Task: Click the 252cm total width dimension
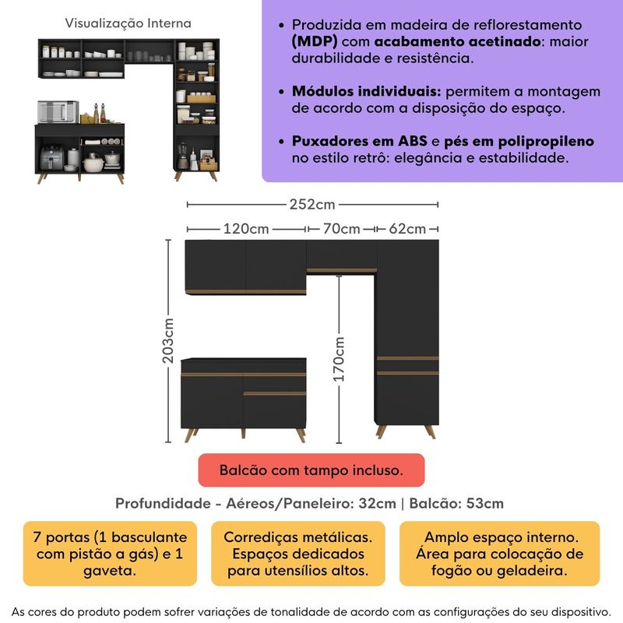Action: pos(311,205)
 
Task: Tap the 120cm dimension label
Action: pos(246,229)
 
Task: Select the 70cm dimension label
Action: pos(341,229)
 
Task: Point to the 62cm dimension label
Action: pos(407,229)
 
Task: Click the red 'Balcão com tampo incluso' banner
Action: pos(311,470)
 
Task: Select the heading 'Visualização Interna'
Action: pos(127,24)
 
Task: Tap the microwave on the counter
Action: pos(58,111)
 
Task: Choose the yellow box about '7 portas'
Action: pos(110,554)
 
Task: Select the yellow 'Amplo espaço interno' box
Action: pos(500,554)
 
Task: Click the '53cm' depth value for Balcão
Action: pos(486,503)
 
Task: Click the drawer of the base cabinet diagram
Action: pos(275,406)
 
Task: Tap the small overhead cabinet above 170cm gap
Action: pos(342,255)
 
